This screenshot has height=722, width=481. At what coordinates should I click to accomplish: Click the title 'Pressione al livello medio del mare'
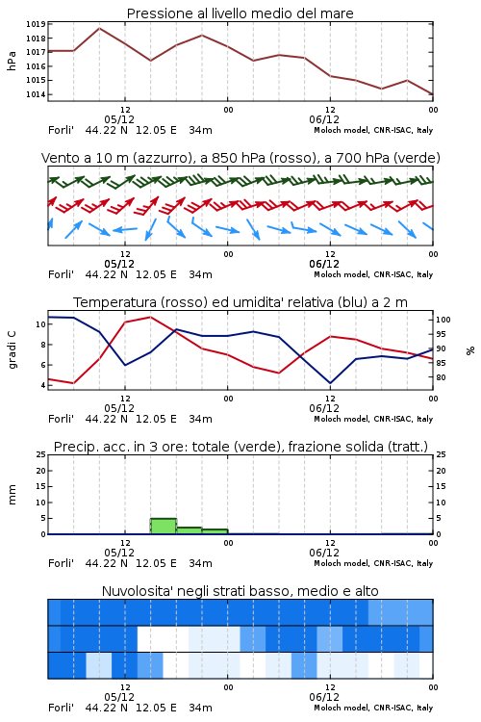pyautogui.click(x=240, y=13)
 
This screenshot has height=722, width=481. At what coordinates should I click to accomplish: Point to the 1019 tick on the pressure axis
pyautogui.click(x=36, y=24)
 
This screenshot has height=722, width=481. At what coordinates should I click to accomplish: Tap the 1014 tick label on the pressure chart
pyautogui.click(x=36, y=95)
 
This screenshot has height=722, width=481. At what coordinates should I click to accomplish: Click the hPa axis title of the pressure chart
pyautogui.click(x=12, y=61)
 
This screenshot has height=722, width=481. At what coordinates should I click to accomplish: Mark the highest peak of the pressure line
pyautogui.click(x=99, y=29)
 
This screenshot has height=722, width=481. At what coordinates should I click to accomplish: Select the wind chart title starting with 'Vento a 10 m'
pyautogui.click(x=240, y=158)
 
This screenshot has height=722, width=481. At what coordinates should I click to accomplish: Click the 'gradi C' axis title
pyautogui.click(x=12, y=349)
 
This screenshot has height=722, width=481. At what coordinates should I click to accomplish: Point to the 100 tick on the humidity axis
pyautogui.click(x=443, y=320)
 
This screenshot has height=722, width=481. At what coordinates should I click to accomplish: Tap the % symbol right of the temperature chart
pyautogui.click(x=470, y=350)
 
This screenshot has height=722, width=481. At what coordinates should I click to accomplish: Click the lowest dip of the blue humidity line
pyautogui.click(x=330, y=383)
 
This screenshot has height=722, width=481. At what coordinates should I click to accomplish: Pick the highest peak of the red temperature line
pyautogui.click(x=150, y=317)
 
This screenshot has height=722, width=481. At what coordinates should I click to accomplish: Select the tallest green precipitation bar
pyautogui.click(x=164, y=527)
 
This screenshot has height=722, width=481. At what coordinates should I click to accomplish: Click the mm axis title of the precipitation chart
pyautogui.click(x=12, y=495)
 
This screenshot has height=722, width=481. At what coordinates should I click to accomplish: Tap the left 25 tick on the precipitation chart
pyautogui.click(x=41, y=455)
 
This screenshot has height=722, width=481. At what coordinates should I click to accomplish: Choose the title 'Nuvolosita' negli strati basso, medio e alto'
pyautogui.click(x=240, y=591)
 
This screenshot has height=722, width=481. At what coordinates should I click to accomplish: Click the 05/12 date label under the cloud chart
pyautogui.click(x=119, y=697)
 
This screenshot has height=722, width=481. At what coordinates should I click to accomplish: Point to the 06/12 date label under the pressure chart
pyautogui.click(x=324, y=119)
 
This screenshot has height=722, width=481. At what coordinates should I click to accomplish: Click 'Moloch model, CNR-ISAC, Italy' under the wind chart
pyautogui.click(x=373, y=275)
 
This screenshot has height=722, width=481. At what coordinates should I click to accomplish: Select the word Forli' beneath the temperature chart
pyautogui.click(x=61, y=419)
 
